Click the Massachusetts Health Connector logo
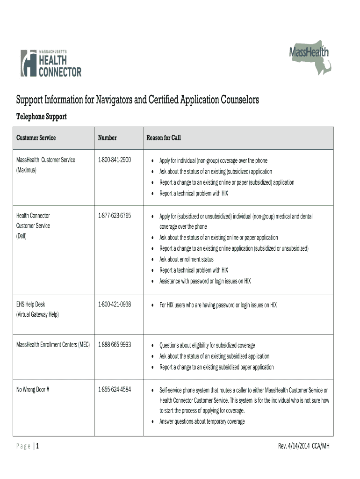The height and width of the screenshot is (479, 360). (x=50, y=63)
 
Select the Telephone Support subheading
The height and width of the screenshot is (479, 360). (x=42, y=116)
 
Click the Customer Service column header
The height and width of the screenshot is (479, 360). (x=36, y=138)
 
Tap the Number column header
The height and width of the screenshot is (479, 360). (x=107, y=138)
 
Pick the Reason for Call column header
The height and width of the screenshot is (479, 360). (x=163, y=138)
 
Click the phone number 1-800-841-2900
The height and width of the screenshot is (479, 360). (x=115, y=160)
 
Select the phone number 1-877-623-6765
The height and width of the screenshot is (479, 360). (x=115, y=216)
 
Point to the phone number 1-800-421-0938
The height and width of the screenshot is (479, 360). (x=115, y=305)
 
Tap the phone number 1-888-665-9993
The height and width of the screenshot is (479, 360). (x=115, y=345)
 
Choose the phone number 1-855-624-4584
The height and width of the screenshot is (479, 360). (x=115, y=389)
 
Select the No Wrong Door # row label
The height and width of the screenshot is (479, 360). (x=33, y=389)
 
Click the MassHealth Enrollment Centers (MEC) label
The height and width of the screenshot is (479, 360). (x=53, y=345)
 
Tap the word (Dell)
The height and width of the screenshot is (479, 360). (x=22, y=236)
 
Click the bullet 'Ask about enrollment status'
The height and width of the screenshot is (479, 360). (x=186, y=259)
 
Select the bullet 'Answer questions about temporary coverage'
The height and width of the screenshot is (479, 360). (x=202, y=421)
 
